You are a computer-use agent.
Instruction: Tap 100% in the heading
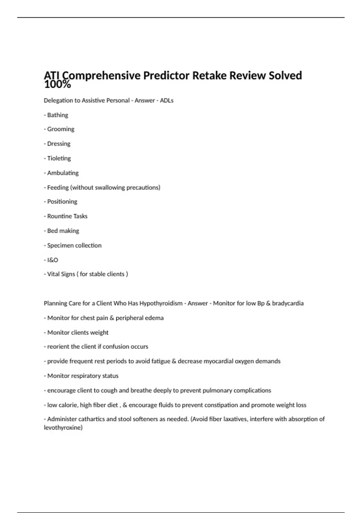[57, 85]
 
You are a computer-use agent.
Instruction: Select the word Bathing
[58, 115]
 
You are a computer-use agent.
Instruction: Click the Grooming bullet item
[60, 129]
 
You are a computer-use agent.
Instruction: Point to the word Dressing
[59, 144]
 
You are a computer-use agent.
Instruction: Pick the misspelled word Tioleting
[59, 158]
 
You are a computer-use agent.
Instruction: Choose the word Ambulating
[63, 173]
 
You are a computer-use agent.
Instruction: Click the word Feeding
[58, 187]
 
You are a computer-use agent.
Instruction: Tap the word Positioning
[62, 202]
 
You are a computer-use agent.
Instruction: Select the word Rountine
[59, 216]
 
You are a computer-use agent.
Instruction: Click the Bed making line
[63, 231]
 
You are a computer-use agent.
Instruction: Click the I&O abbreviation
[52, 260]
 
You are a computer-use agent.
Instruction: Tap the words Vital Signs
[61, 274]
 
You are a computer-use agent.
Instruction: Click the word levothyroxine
[62, 428]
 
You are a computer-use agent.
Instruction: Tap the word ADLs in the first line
[167, 100]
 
